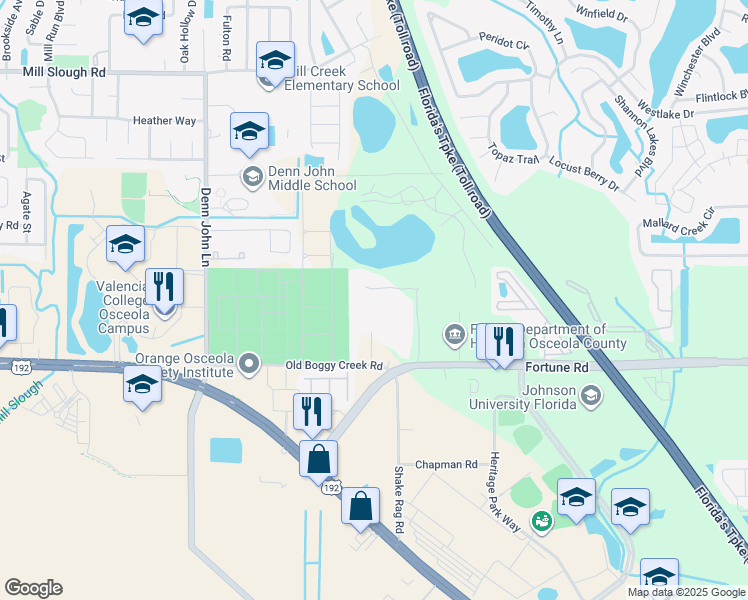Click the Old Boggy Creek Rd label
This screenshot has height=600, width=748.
334,367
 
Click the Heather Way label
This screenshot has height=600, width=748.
164,121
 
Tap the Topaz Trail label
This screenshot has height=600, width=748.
513,158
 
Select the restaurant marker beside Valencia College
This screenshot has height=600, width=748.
164,288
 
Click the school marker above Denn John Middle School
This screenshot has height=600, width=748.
249,132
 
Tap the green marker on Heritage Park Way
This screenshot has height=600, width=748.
541,521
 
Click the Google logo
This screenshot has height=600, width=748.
33,588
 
